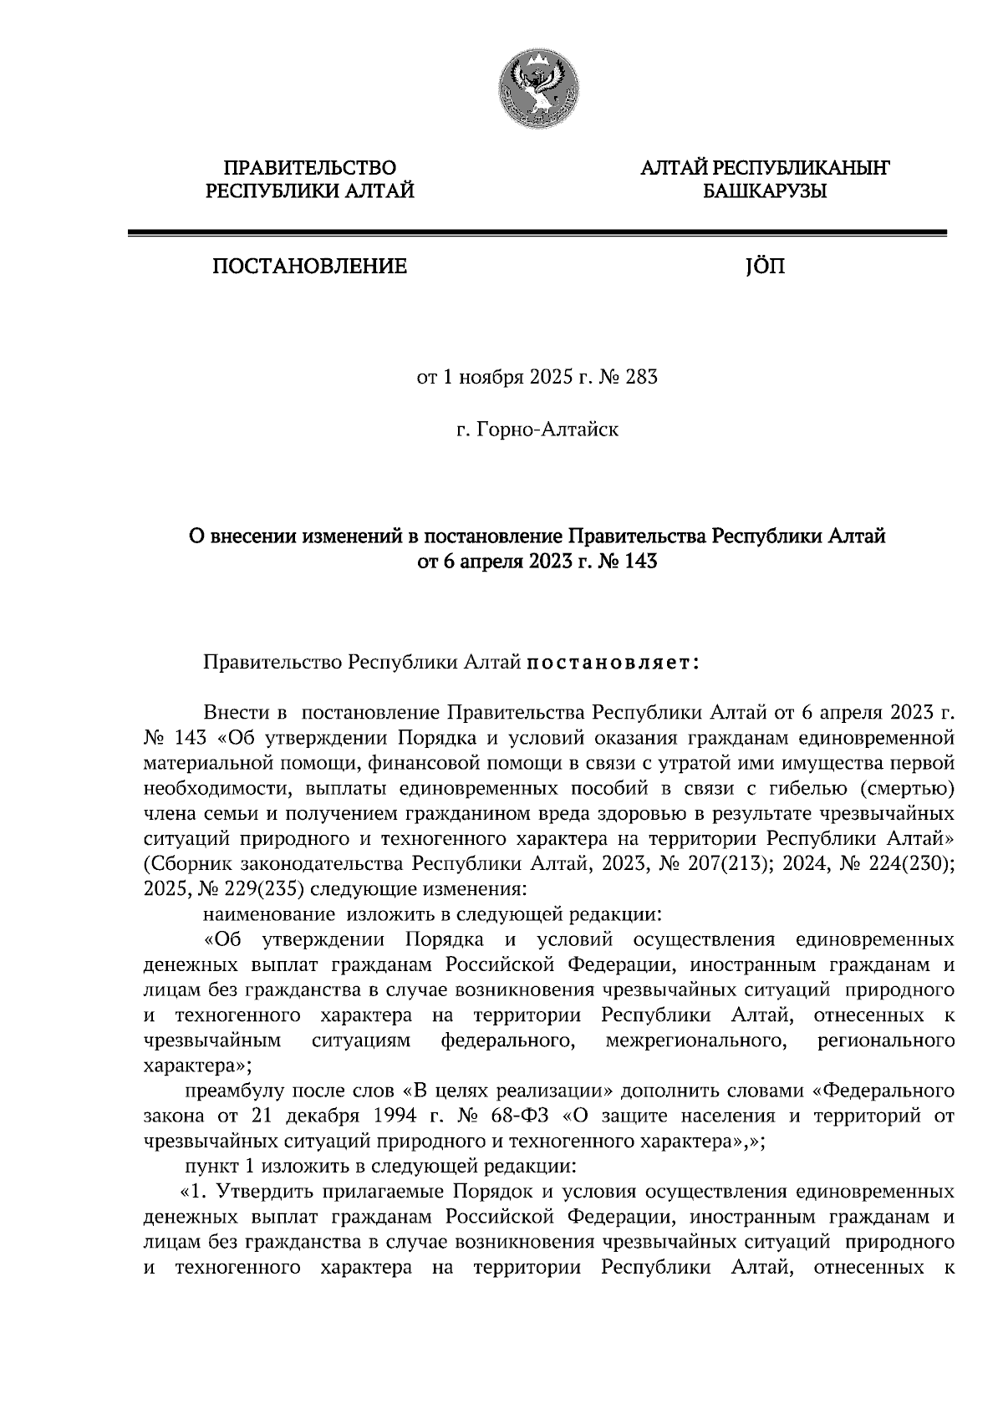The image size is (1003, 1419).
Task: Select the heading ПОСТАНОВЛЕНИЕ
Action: [310, 267]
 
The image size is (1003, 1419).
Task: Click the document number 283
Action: [641, 378]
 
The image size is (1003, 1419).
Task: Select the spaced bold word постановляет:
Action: [613, 664]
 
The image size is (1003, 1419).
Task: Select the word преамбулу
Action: [237, 1091]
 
